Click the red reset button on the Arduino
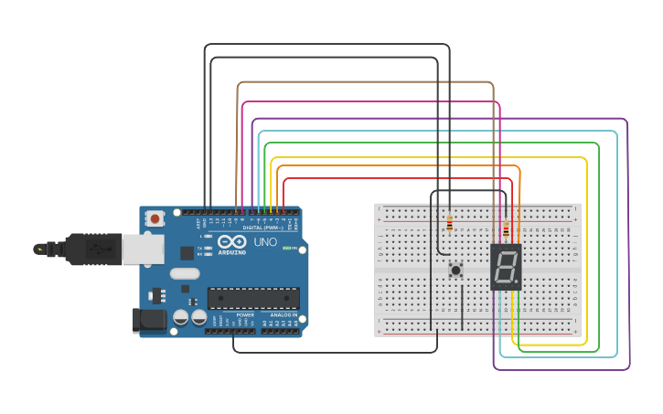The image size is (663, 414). [155, 218]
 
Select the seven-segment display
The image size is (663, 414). [506, 267]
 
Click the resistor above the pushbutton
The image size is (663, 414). [451, 222]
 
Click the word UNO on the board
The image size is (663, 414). [265, 242]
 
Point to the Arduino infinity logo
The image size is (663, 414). [231, 241]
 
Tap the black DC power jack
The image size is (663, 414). [148, 320]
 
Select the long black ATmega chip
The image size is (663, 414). [253, 298]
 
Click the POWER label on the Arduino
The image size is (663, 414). [245, 314]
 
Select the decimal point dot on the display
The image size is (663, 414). [518, 281]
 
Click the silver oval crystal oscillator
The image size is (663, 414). [185, 273]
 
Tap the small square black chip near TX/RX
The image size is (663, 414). [187, 252]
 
